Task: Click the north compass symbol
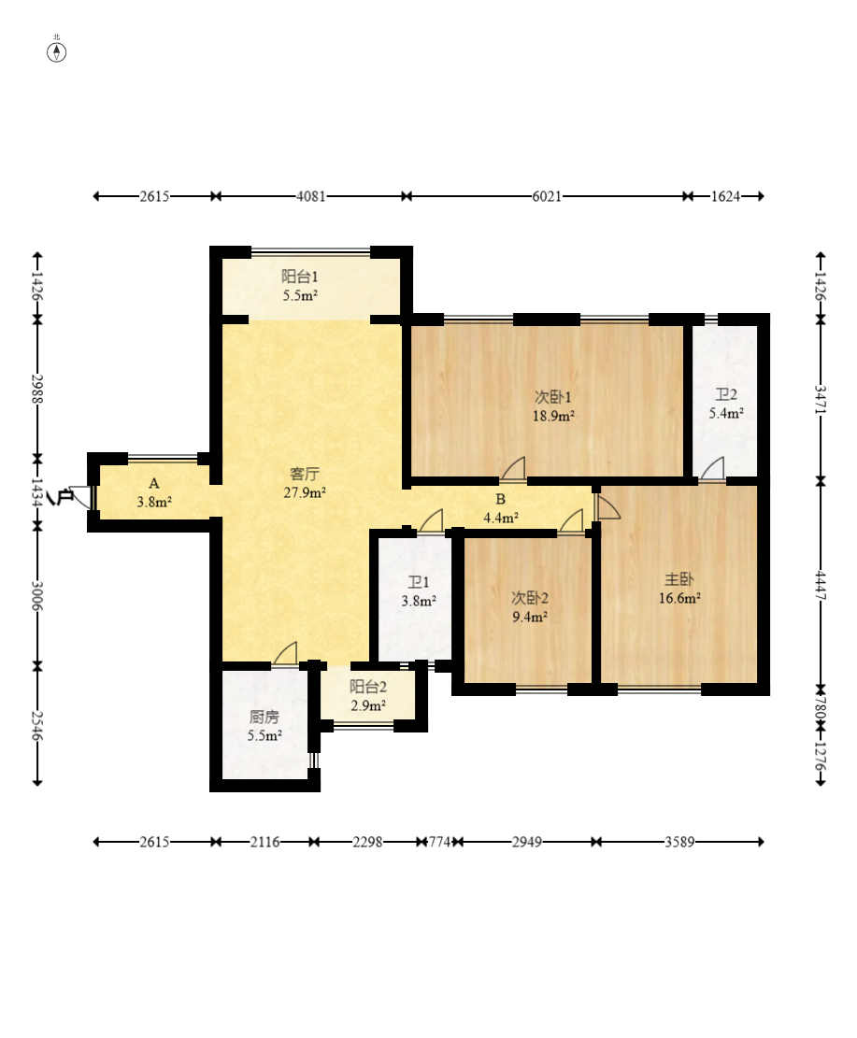[56, 52]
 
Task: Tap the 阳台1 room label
[299, 276]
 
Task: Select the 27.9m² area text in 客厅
[305, 492]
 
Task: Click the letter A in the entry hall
[153, 483]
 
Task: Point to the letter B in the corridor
[501, 499]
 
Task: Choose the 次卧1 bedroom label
[553, 396]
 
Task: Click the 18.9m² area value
[553, 416]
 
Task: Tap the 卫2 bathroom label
[726, 394]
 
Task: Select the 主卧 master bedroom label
[679, 579]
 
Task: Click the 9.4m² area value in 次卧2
[530, 617]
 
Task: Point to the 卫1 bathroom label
[418, 582]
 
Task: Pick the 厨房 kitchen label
[264, 717]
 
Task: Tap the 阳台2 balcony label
[368, 687]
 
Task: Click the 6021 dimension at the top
[547, 196]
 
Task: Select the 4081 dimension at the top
[310, 196]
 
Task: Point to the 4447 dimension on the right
[821, 586]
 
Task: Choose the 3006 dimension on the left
[37, 596]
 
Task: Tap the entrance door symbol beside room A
[80, 497]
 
